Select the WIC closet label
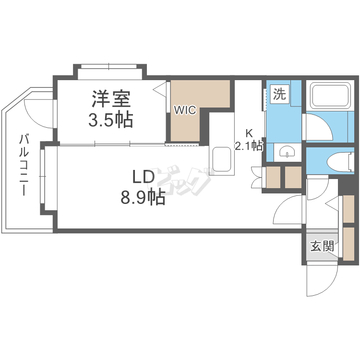pos(185,110)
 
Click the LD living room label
pos(144,177)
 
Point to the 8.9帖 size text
pos(143,197)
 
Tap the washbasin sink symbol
pos(287,153)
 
